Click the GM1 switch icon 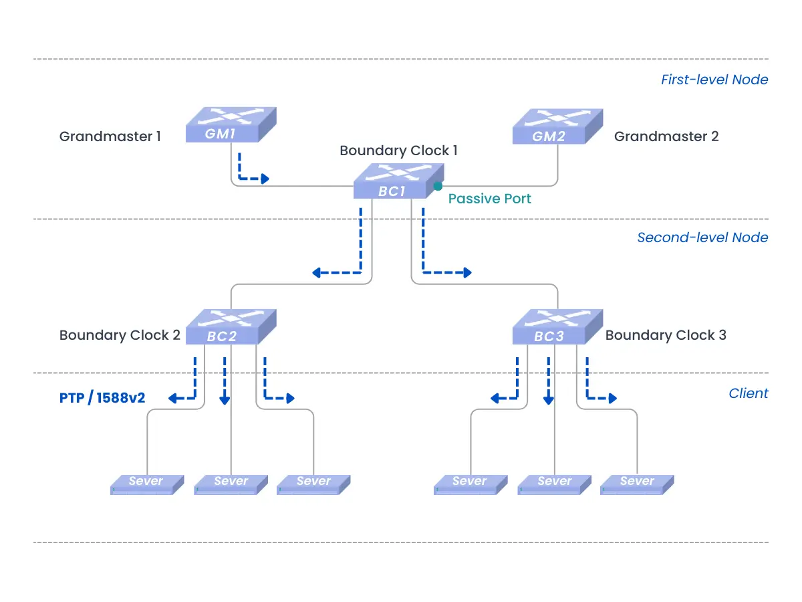(x=231, y=126)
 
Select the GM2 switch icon (x=557, y=127)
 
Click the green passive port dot (x=438, y=186)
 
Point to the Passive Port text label (x=490, y=199)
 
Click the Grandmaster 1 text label (x=110, y=136)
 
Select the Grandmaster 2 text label (x=666, y=136)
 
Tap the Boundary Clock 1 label (x=398, y=150)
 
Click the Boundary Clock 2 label (x=120, y=335)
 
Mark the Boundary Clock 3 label (x=666, y=335)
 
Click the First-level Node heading (x=714, y=80)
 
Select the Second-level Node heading (x=702, y=237)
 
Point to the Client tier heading (x=748, y=393)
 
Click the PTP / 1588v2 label (x=102, y=398)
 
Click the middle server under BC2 (x=231, y=484)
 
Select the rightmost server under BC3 (x=637, y=484)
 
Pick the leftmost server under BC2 (x=146, y=484)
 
